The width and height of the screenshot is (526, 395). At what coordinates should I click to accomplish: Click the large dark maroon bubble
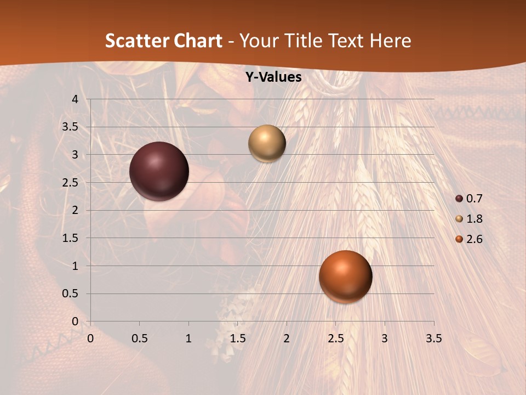(159, 171)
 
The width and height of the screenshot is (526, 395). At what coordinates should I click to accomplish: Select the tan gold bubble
(267, 143)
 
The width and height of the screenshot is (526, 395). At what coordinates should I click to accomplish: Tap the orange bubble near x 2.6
(345, 276)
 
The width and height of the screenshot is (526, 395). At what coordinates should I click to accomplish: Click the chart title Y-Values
(273, 77)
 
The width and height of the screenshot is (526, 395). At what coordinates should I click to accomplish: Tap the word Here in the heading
(390, 41)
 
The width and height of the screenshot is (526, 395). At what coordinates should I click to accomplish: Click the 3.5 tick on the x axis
(433, 338)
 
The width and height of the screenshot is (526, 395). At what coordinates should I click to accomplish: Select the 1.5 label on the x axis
(237, 338)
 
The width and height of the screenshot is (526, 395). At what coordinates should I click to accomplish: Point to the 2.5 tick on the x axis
(335, 338)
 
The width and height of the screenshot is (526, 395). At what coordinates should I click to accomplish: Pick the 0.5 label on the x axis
(139, 338)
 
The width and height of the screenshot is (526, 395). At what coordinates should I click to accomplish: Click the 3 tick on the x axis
(385, 338)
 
